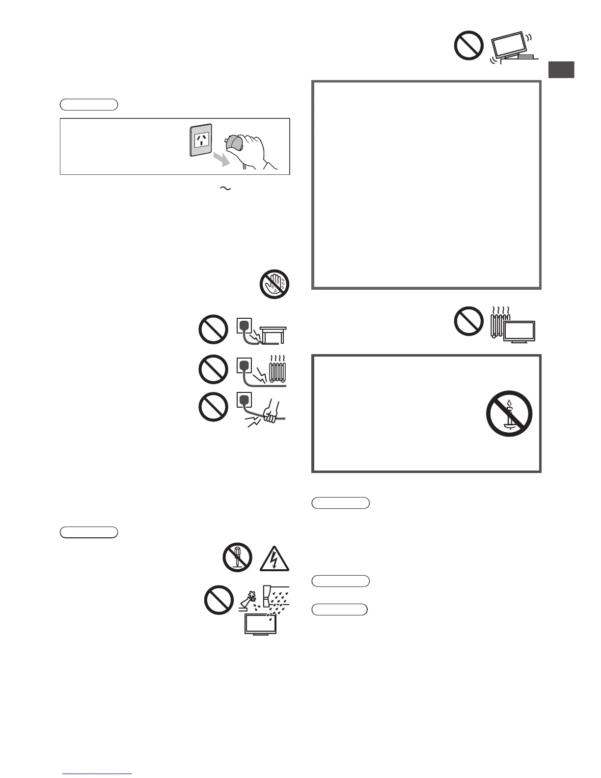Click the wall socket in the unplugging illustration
pos(201,140)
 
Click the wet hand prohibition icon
pos(274,284)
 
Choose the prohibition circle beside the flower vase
pos(219,600)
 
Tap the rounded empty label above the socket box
pos(89,104)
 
